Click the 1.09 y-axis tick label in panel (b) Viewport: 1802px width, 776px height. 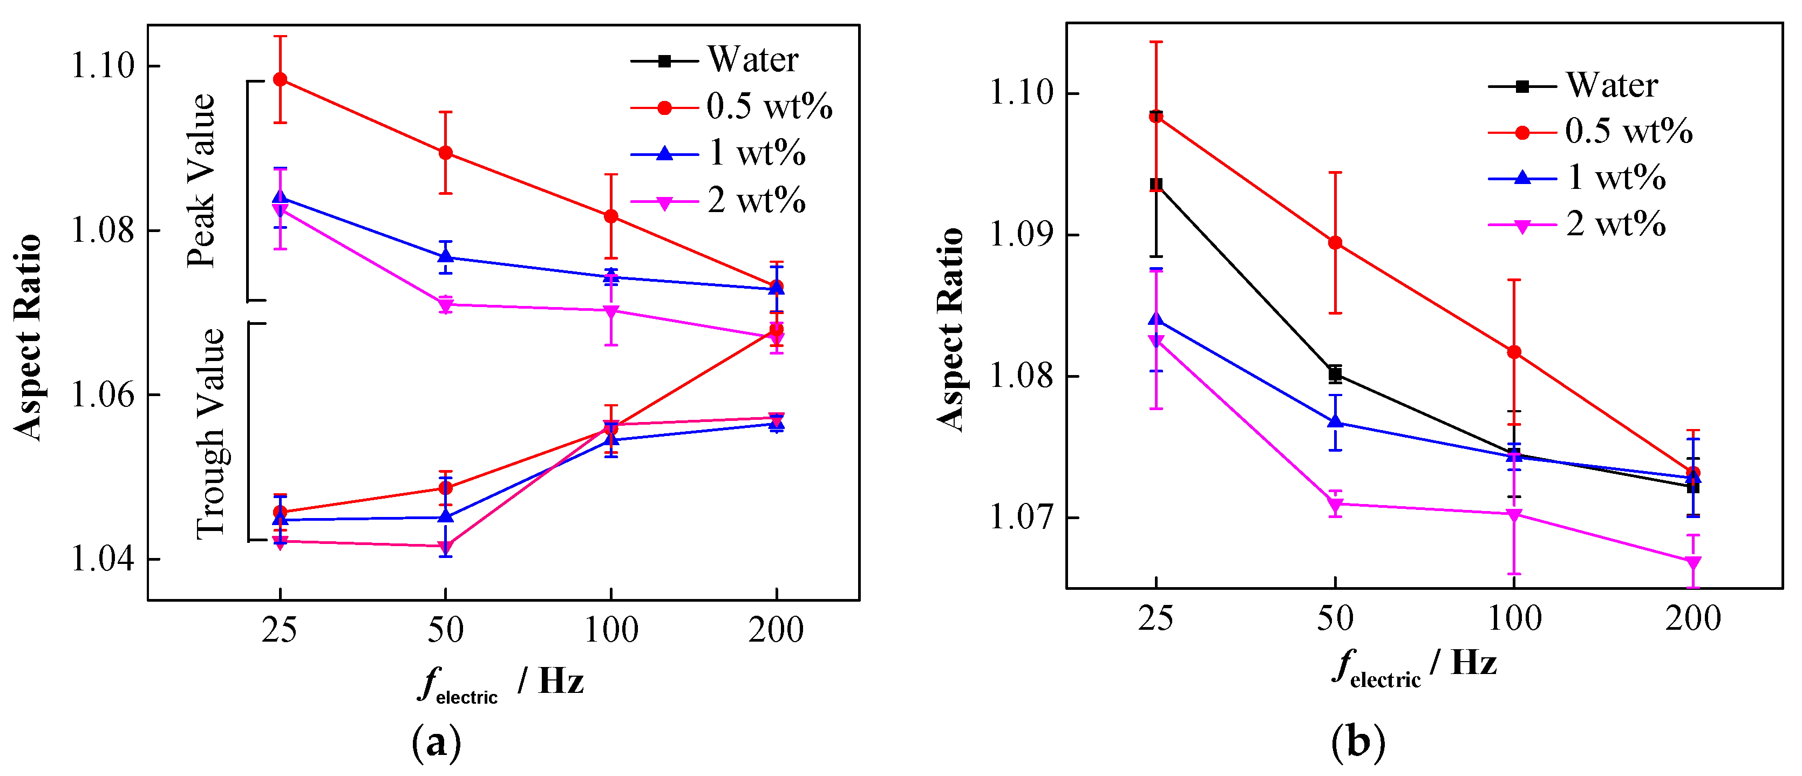(1021, 234)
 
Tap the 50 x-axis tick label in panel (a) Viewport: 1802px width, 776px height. (446, 630)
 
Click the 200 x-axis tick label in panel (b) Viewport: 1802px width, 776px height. (1692, 618)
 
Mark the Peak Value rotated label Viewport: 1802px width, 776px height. (201, 181)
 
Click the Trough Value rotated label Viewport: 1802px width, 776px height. (210, 433)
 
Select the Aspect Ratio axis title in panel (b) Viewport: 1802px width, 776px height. (951, 329)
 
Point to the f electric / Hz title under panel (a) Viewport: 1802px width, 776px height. (501, 682)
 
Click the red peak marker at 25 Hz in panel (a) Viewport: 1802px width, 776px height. (280, 79)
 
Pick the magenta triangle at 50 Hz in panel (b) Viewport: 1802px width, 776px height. (1335, 505)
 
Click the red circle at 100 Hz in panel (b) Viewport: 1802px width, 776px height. (1514, 352)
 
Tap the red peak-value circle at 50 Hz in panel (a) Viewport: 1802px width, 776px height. (446, 153)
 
